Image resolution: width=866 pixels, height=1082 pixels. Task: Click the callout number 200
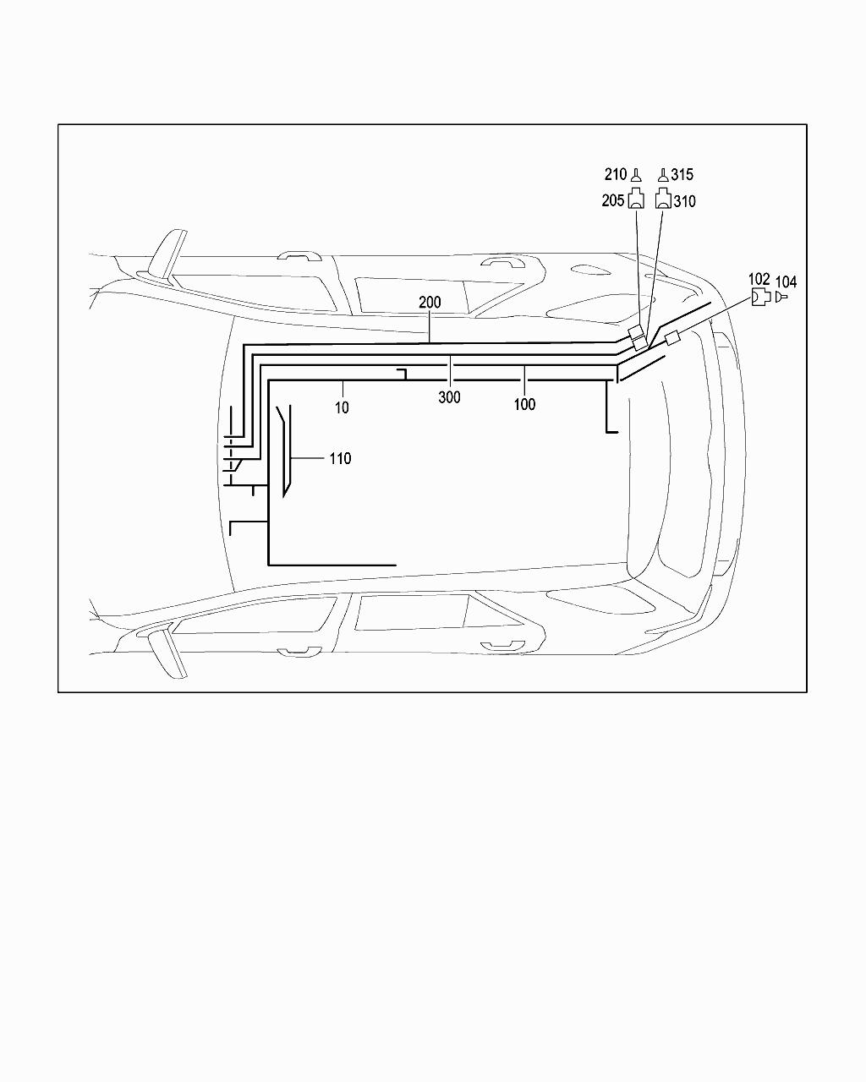pos(430,302)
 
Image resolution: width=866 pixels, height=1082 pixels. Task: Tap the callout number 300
pos(449,397)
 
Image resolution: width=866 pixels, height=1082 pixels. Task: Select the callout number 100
pos(524,404)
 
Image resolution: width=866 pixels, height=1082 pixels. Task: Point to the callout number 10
pos(342,407)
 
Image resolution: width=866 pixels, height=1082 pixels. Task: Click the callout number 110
pos(340,458)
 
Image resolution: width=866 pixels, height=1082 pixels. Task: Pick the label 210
pos(616,174)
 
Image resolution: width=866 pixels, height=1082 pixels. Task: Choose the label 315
pos(682,174)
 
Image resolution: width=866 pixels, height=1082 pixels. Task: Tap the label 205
pos(613,200)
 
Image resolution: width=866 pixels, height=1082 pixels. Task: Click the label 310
pos(685,201)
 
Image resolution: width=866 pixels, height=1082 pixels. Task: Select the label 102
pos(759,279)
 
